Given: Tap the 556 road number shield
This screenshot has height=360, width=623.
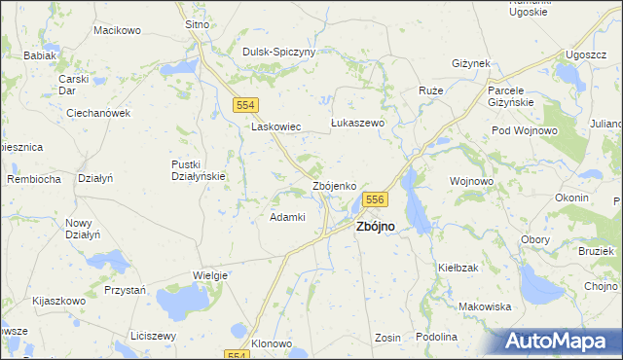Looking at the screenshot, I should pos(377,199).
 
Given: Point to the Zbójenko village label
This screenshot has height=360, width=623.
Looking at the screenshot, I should pos(340,185).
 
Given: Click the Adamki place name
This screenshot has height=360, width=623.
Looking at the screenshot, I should pos(287,217).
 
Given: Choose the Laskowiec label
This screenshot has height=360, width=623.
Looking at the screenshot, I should pos(275,126).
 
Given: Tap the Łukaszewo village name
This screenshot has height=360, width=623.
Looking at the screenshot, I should pos(358,124).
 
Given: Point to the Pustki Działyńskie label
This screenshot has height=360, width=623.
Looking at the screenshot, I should pos(199,169).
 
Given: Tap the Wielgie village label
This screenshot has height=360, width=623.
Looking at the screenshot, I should pos(209,275).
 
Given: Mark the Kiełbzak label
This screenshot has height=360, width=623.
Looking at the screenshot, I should pos(458,267).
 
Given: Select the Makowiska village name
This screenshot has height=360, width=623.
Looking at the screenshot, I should pos(485,306).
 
